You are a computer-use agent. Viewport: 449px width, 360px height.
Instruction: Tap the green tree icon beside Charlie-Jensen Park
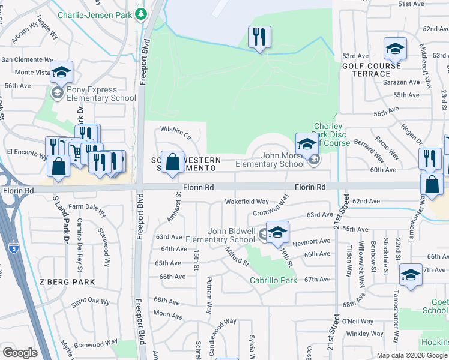pos(141,13)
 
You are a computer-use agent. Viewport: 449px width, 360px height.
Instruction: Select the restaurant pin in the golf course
pos(260,37)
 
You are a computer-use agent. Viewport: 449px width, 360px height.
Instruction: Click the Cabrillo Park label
pos(274,280)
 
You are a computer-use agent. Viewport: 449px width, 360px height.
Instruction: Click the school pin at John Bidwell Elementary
pos(277,232)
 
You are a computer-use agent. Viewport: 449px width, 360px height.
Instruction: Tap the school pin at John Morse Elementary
pos(307,144)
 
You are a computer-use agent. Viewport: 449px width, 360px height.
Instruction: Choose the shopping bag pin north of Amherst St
pos(172,163)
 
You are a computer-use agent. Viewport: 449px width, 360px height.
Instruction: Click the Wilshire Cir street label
pos(175,131)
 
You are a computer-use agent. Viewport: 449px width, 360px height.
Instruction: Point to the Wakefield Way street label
pos(247,202)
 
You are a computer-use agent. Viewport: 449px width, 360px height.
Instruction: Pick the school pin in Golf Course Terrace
pos(396,49)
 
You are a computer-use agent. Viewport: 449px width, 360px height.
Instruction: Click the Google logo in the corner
pos(20,353)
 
